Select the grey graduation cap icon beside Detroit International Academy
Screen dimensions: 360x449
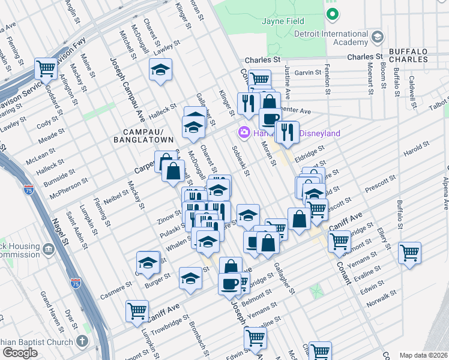tap(377, 38)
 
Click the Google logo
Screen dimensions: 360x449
tap(20, 352)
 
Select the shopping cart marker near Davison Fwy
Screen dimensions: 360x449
tap(46, 68)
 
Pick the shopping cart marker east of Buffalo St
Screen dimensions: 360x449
tap(409, 253)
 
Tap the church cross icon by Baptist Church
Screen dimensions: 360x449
tap(83, 341)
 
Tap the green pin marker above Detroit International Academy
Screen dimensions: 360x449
tap(332, 13)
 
